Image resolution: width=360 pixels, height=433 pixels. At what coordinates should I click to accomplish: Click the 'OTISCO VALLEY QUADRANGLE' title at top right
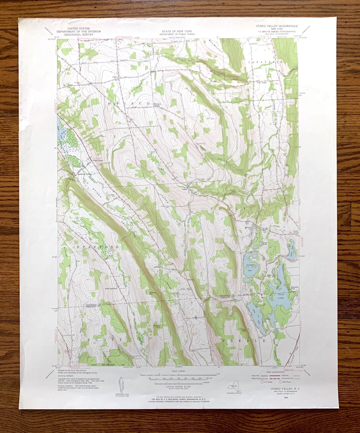tap(277, 26)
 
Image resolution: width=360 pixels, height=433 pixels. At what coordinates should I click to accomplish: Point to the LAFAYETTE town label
tap(265, 62)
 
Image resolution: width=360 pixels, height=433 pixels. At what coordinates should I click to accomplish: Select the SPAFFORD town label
tap(93, 247)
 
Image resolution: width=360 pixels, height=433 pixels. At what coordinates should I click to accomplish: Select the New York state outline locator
tap(235, 388)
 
